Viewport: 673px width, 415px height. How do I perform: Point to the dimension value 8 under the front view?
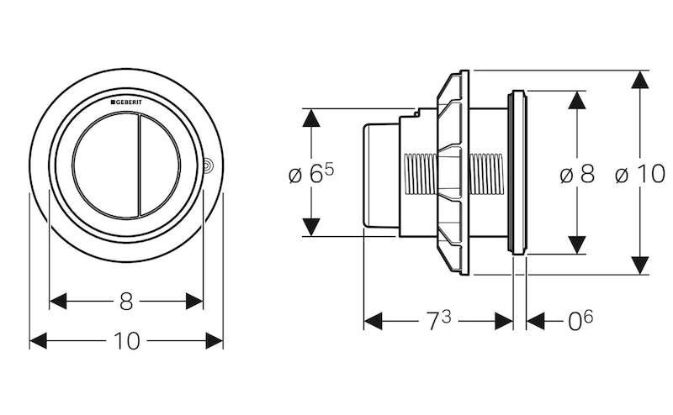pos(127,299)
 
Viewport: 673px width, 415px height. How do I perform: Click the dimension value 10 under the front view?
pos(127,341)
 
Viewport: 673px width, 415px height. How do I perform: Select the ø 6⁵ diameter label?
pos(310,175)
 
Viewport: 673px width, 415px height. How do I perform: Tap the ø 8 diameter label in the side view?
pos(576,175)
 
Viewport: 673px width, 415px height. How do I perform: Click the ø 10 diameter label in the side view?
pos(639,175)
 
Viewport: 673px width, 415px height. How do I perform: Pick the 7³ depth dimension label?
pos(438,320)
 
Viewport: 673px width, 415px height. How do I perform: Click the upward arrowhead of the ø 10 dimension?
pos(640,82)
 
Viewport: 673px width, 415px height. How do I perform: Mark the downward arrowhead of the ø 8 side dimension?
pos(576,244)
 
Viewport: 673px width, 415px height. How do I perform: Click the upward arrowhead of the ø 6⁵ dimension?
pos(312,118)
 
